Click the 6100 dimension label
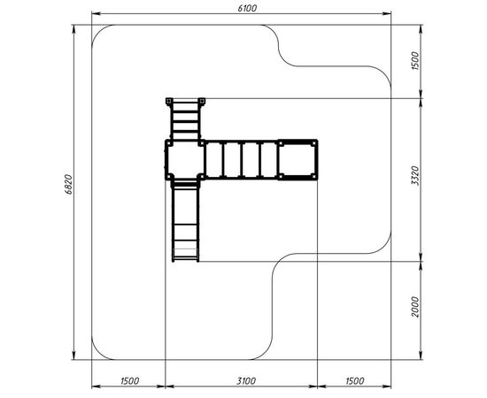pos(247,8)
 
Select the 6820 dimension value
pos(69,185)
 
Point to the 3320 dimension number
pos(415,176)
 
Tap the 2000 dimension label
pos(415,307)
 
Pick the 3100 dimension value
pos(246,380)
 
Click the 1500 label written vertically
pos(415,61)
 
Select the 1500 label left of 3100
pos(129,380)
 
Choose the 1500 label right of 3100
pos(354,380)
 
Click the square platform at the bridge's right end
pos(298,159)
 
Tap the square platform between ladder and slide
pos(185,159)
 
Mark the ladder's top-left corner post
pos(169,101)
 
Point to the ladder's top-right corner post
pos(202,101)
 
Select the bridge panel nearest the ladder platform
pos(214,160)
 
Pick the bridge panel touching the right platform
pos(269,160)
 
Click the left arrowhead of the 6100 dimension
pos(96,13)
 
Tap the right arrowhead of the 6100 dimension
pos(387,13)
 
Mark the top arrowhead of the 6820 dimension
pos(73,28)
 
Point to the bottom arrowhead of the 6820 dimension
pos(73,356)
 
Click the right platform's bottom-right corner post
pos(314,177)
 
